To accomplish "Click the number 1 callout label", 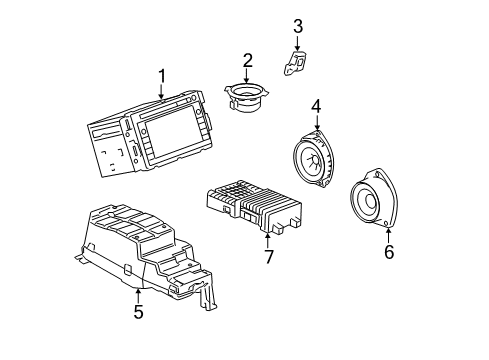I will pyautogui.click(x=160, y=75).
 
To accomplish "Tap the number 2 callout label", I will pyautogui.click(x=247, y=61).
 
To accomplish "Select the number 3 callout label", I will pyautogui.click(x=297, y=25).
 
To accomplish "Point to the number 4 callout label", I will pyautogui.click(x=316, y=105).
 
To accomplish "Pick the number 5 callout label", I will pyautogui.click(x=138, y=312).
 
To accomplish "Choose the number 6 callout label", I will pyautogui.click(x=389, y=252).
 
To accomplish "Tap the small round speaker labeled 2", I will pyautogui.click(x=247, y=100).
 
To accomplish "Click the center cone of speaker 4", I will pyautogui.click(x=318, y=159).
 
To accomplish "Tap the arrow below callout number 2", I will pyautogui.click(x=247, y=77).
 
